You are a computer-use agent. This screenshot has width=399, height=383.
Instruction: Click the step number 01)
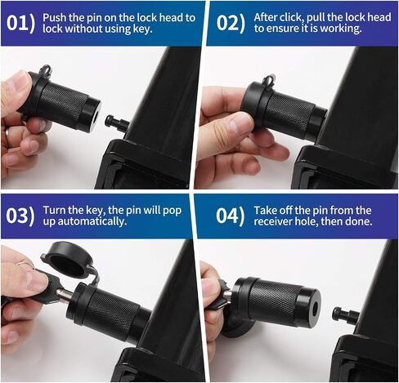[x=21, y=23]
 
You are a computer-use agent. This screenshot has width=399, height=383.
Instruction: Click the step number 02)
[x=231, y=23]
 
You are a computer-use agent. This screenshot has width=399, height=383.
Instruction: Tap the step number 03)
[x=20, y=216]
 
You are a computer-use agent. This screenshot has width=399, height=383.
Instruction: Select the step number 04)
[x=231, y=216]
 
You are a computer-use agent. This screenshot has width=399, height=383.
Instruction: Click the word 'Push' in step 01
[x=55, y=18]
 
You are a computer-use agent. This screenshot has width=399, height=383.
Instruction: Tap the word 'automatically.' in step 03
[x=92, y=221]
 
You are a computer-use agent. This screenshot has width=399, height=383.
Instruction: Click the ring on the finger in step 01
[x=7, y=134]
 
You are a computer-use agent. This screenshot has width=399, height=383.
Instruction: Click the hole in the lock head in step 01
[x=95, y=116]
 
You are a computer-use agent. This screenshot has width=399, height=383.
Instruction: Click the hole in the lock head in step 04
[x=315, y=309]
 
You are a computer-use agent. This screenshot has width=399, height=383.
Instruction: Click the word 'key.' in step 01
[x=142, y=29]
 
